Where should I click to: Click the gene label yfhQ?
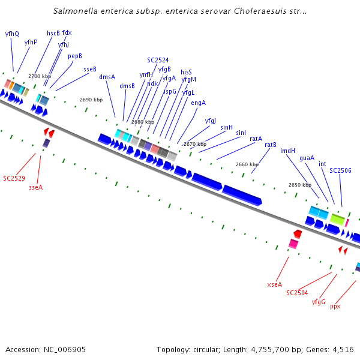click(x=12, y=34)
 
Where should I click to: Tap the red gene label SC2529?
click(x=13, y=178)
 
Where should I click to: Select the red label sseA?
click(x=36, y=187)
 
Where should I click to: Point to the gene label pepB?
click(x=75, y=56)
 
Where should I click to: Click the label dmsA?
click(x=107, y=77)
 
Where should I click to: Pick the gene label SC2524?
click(x=158, y=60)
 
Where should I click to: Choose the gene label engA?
click(x=199, y=103)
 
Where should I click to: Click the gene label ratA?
click(x=256, y=139)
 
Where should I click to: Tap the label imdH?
click(x=288, y=151)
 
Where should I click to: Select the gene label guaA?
click(x=307, y=158)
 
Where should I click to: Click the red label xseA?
click(x=274, y=284)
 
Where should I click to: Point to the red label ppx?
click(x=335, y=306)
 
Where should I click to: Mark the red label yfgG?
click(x=319, y=301)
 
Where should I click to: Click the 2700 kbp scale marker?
click(x=40, y=76)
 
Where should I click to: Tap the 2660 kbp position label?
click(x=247, y=164)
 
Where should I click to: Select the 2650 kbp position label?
click(x=299, y=185)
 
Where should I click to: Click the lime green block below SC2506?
click(x=337, y=220)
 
